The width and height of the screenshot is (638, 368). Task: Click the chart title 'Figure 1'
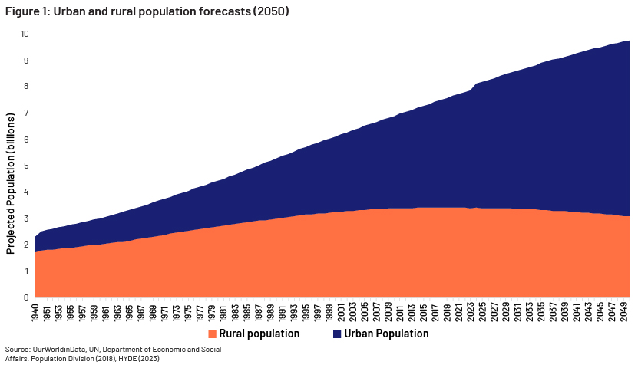click(27, 11)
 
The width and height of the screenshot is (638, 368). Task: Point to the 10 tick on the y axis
click(24, 34)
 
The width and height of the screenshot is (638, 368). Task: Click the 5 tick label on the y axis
click(25, 166)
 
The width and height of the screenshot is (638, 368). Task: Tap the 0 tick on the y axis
click(25, 297)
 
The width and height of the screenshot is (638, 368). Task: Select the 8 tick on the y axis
click(25, 87)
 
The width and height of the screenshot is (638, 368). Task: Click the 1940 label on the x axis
click(35, 312)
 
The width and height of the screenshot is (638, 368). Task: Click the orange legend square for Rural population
click(213, 334)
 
